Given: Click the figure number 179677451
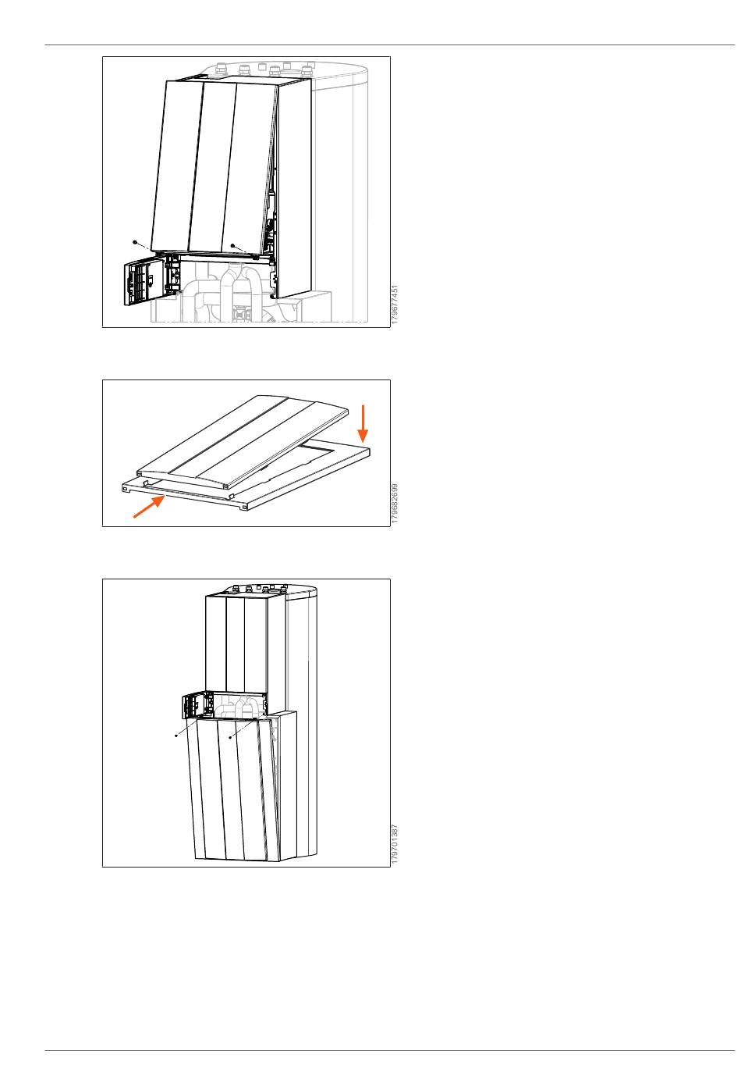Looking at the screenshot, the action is (395, 304).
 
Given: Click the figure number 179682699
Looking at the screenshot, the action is (395, 503).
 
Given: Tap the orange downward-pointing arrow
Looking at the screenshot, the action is (363, 423).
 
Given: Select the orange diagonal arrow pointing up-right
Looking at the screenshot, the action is (149, 507).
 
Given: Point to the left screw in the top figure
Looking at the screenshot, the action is (135, 242).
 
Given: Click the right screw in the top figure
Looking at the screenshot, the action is (232, 245).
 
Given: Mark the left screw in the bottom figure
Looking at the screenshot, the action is (176, 736).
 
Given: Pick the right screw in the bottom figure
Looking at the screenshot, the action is (230, 736).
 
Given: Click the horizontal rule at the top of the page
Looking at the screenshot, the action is (390, 45).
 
